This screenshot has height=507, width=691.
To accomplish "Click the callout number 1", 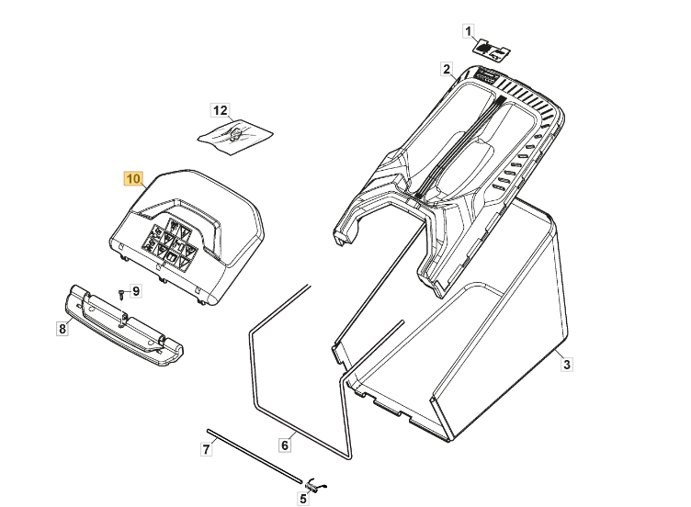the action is [x=468, y=32].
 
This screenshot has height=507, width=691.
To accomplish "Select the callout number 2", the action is [x=447, y=69].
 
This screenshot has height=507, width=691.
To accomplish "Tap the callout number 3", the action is [x=567, y=365].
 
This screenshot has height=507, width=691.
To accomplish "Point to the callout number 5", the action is [x=302, y=499].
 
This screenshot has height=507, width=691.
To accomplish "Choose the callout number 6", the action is [x=285, y=445].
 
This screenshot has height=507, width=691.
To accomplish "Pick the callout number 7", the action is [x=206, y=449].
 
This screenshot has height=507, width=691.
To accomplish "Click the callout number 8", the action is [x=62, y=328].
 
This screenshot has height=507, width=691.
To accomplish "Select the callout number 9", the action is [x=136, y=291].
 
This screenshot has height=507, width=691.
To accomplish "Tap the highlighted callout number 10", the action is [x=133, y=179].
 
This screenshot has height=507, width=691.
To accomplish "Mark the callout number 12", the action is [x=221, y=110].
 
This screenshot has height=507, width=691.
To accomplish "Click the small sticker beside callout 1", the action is [x=492, y=48].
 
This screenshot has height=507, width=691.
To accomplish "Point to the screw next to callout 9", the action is [x=120, y=294].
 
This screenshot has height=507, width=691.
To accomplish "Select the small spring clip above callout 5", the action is [x=316, y=484].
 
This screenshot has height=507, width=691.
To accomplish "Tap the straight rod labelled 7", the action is [x=255, y=456].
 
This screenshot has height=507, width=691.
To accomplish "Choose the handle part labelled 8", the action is [x=124, y=325].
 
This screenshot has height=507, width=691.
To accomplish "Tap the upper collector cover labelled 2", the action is [x=449, y=176].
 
